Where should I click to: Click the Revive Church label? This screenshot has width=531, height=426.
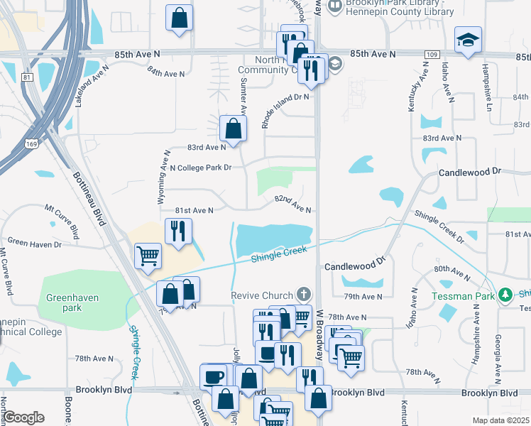point(261,295)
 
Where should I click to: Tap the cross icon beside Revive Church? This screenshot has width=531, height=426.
point(303,294)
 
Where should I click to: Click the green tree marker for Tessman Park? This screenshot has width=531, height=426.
point(505,294)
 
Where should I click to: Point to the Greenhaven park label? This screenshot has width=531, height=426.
point(70,303)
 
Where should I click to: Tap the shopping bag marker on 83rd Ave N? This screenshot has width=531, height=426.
point(233,129)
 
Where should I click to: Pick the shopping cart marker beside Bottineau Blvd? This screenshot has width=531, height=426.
point(148,255)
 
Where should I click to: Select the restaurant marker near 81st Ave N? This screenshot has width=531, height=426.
point(177,231)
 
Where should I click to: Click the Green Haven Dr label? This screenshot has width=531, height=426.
point(35,243)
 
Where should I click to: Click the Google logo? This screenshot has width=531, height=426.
point(23,417)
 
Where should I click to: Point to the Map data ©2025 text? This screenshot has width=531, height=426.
point(500,420)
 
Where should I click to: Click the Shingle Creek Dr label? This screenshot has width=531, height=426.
point(439,226)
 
